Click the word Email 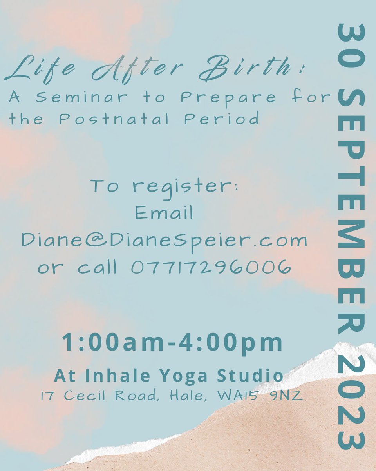(x=164, y=213)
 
